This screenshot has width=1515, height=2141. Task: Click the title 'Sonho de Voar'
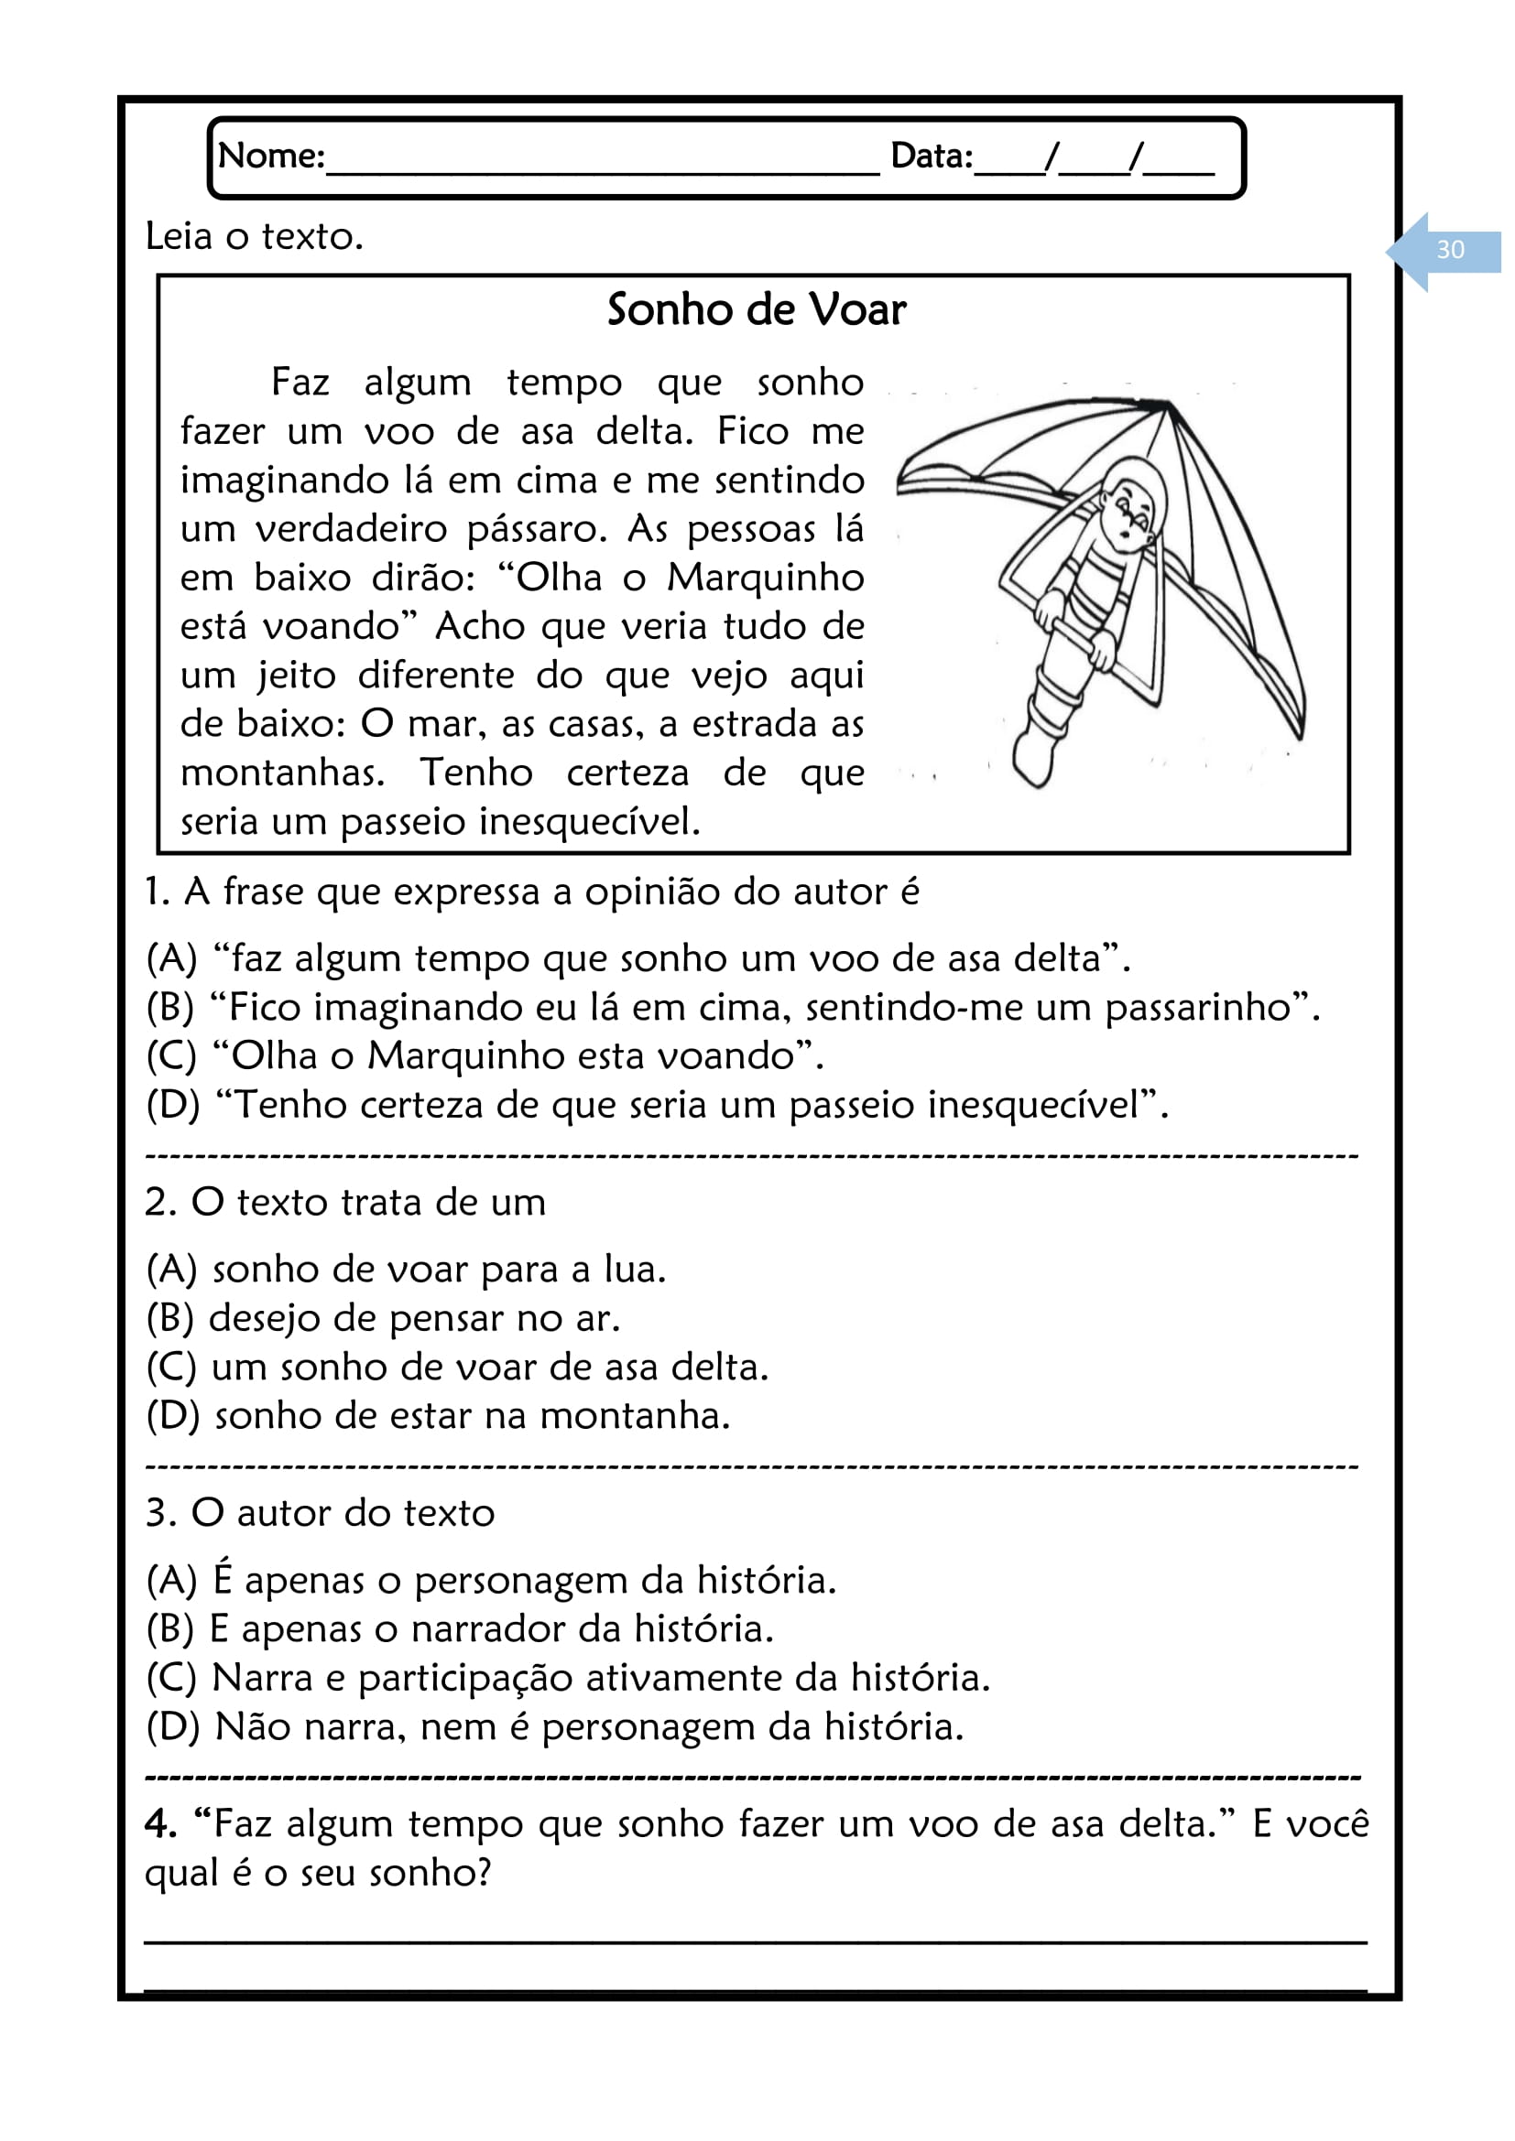point(756,309)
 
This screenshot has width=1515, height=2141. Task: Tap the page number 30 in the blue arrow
point(1450,250)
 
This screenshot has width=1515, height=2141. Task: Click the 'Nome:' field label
point(270,156)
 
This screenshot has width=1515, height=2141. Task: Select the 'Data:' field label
point(931,156)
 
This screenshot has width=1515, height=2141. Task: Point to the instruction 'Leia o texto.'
point(254,237)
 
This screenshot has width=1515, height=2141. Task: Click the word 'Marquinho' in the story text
point(765,579)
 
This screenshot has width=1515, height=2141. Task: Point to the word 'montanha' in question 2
point(634,1416)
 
